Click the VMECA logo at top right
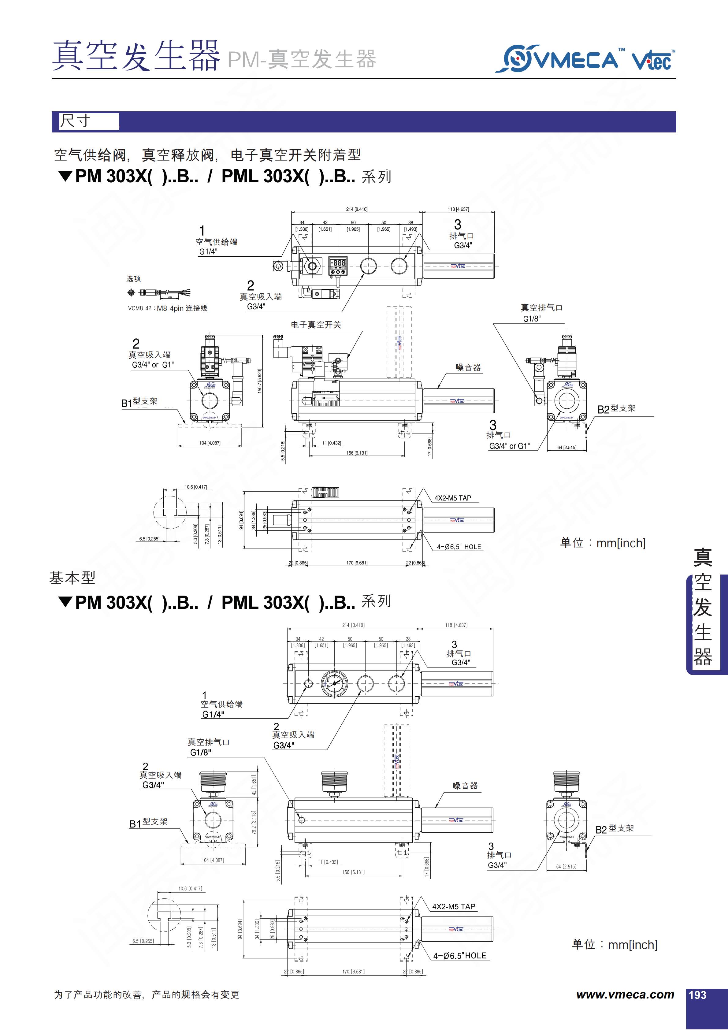(561, 59)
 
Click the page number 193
(697, 995)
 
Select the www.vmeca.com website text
(625, 994)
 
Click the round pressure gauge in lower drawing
(334, 683)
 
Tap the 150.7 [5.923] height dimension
(260, 381)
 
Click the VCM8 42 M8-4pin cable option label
(168, 308)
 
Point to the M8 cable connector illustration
(160, 292)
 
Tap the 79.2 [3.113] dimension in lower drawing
(254, 822)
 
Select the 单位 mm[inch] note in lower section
(615, 944)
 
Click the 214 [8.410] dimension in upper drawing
(357, 209)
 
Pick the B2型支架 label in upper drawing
(616, 409)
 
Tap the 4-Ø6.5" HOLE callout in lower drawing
(459, 956)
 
